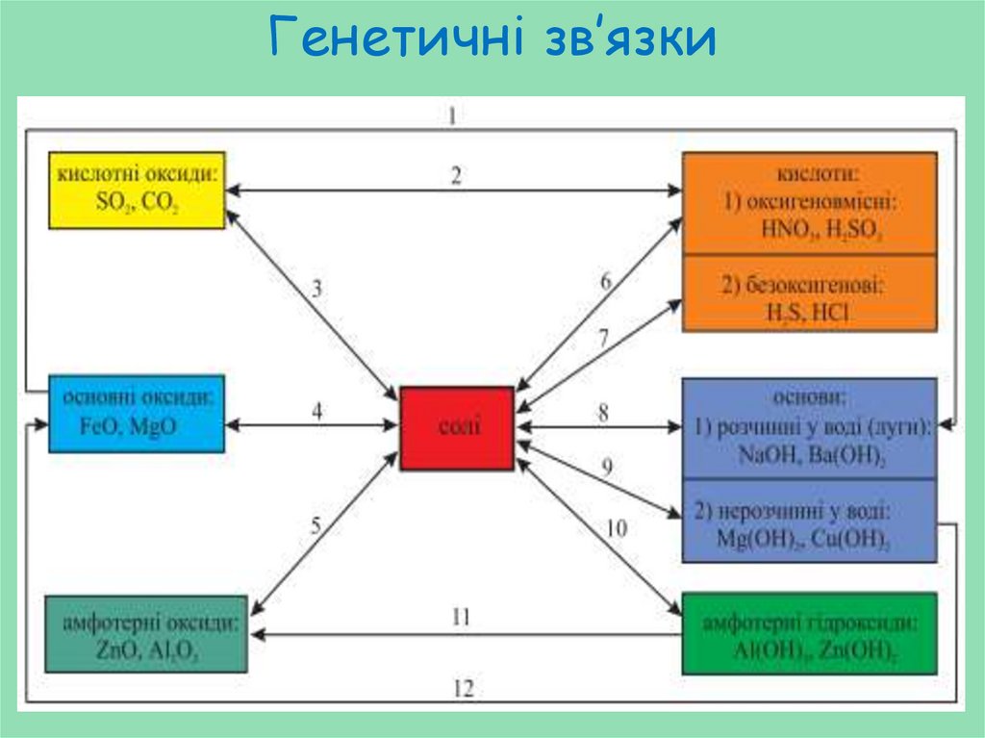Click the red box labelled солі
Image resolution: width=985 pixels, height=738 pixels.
tap(456, 428)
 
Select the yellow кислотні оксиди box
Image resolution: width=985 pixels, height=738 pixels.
tap(137, 190)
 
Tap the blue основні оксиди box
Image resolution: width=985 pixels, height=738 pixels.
tap(137, 413)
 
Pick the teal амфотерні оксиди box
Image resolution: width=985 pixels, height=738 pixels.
tap(146, 635)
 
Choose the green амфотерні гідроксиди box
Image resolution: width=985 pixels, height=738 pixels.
tap(808, 634)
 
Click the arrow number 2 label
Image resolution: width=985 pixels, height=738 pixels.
tap(456, 175)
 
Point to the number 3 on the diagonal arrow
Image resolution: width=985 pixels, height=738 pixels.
tap(316, 288)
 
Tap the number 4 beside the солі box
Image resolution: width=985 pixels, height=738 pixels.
tap(316, 411)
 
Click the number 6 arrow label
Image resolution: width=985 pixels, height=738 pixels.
tap(606, 282)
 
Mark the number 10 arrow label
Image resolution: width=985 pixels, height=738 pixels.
tap(616, 528)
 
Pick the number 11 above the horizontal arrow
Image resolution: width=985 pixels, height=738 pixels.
tap(461, 617)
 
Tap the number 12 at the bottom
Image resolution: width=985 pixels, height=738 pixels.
tap(464, 689)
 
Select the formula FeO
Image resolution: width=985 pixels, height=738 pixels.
tap(99, 425)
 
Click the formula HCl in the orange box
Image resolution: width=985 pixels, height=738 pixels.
tap(828, 313)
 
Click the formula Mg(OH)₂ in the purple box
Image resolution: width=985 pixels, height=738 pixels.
tap(756, 540)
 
